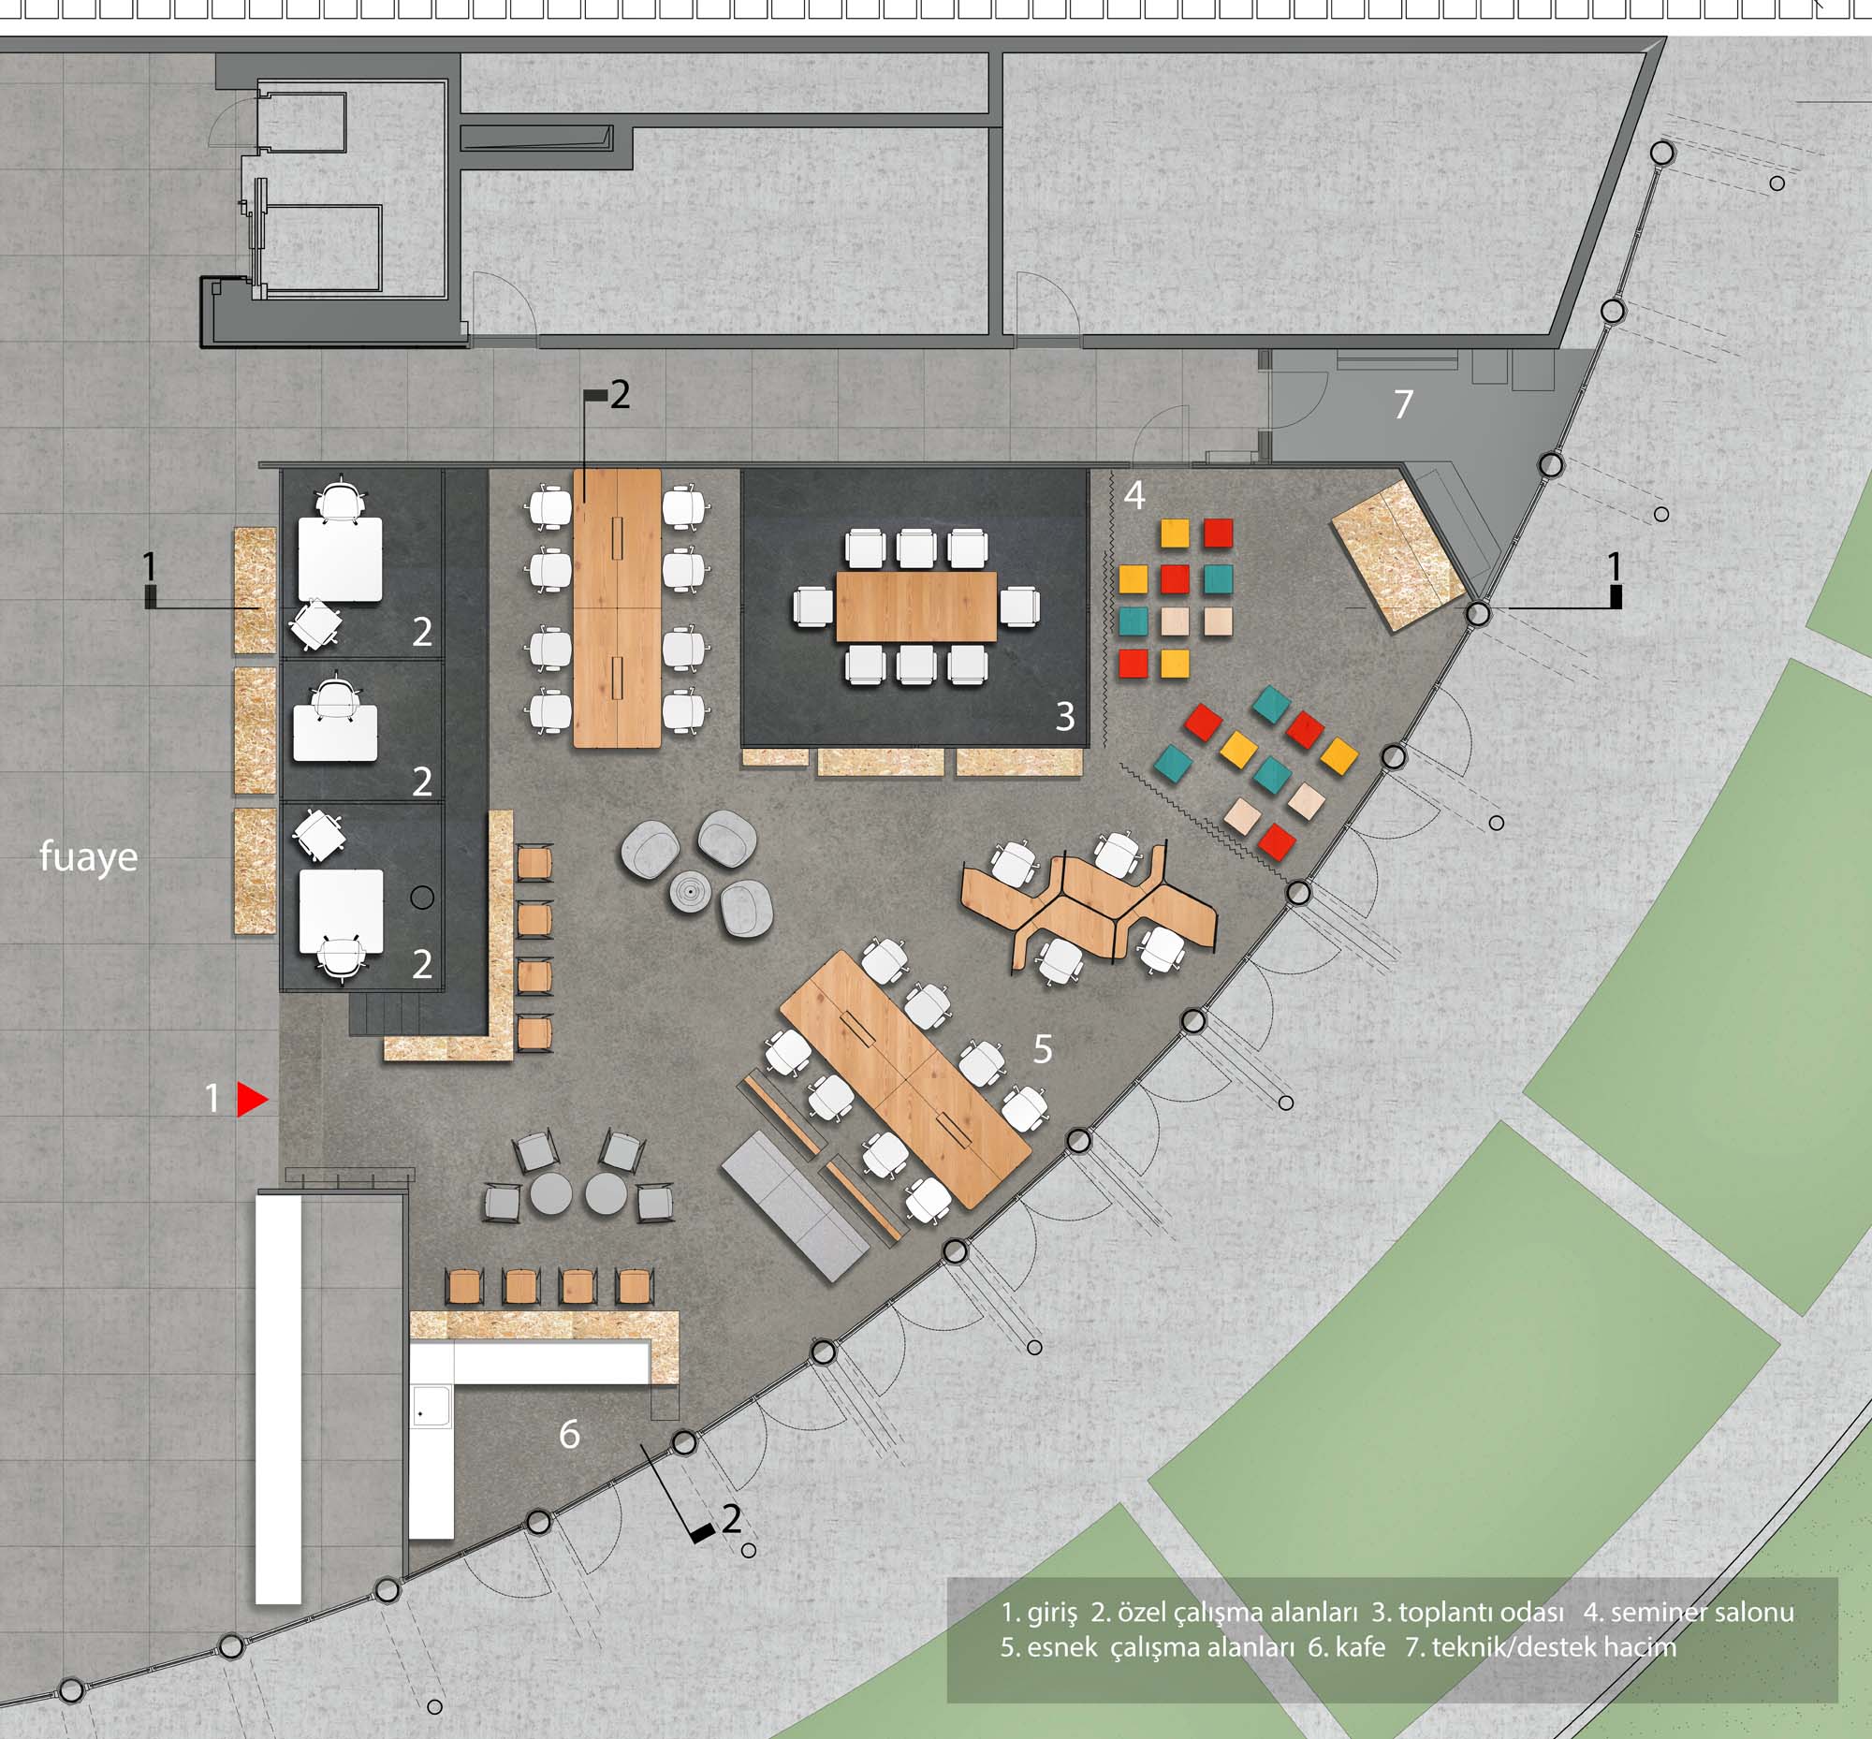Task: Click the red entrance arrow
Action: click(251, 1098)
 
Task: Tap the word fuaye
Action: click(89, 857)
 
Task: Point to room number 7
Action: click(1403, 404)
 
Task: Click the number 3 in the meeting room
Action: click(1064, 716)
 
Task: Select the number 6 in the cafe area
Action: click(569, 1434)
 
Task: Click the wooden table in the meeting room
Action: click(915, 606)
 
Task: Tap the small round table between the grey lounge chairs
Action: click(693, 889)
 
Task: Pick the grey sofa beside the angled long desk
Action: click(796, 1206)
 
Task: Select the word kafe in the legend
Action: click(1359, 1646)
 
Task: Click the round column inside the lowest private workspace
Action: click(422, 898)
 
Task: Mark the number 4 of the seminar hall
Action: click(1134, 495)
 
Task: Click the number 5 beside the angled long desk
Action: click(1042, 1049)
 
